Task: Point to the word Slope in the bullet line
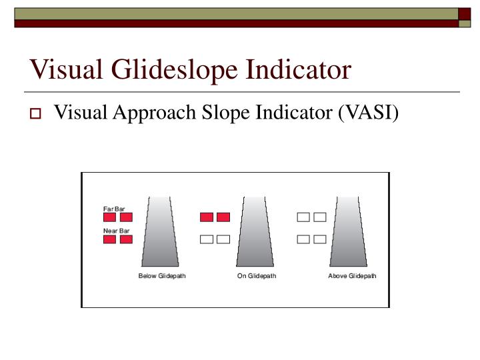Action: (221, 114)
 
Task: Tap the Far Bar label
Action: (114, 209)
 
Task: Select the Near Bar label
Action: (116, 231)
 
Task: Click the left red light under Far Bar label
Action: (109, 217)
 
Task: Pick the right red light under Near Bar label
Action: (126, 239)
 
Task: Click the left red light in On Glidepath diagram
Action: (207, 217)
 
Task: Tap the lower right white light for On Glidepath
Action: (223, 239)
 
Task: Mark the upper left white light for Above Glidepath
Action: (303, 217)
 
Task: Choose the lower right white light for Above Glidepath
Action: (320, 239)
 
